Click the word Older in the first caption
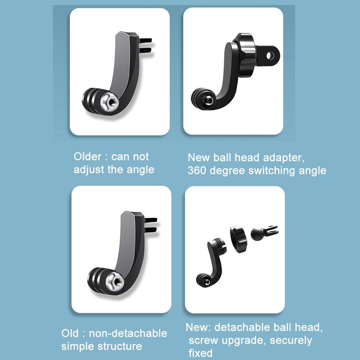point(88,157)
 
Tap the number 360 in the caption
point(197,170)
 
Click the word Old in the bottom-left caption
point(69,333)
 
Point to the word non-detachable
point(128,333)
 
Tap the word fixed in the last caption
point(201,353)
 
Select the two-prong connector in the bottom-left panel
point(151,224)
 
